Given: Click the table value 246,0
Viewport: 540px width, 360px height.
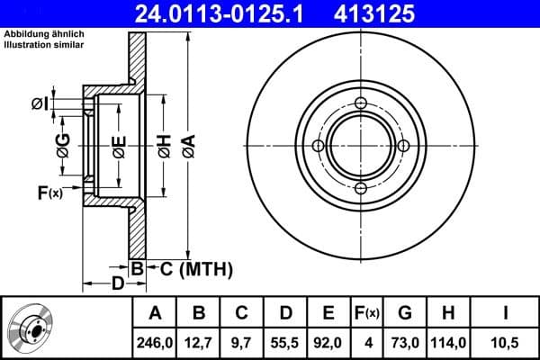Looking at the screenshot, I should point(156,340).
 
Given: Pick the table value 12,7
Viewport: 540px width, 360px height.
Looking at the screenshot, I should point(199,340).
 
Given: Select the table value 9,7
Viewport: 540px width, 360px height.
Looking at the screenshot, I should point(242,340).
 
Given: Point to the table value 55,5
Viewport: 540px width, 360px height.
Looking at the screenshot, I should point(285,340).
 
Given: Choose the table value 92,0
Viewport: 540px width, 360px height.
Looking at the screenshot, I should point(328,340).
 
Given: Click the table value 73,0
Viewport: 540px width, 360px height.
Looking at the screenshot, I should point(405,340).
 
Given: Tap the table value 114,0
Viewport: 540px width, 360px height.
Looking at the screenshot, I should point(448,340).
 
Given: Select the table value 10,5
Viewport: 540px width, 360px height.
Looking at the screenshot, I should point(506,340).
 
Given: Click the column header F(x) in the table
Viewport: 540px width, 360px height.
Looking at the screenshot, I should point(366,313).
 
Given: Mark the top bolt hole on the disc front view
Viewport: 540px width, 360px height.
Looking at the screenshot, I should point(361,103).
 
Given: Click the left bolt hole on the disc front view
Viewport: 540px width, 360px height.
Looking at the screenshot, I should point(319,146).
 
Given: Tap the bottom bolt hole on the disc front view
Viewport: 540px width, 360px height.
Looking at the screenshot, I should point(361,188).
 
